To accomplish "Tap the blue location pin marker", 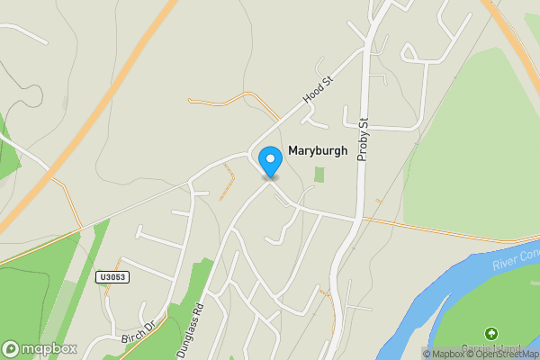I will pyautogui.click(x=270, y=161).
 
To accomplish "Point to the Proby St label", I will pyautogui.click(x=364, y=139).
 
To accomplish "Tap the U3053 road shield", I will pyautogui.click(x=112, y=278).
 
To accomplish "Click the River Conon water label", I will pyautogui.click(x=516, y=259).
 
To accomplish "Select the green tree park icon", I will pyautogui.click(x=490, y=334).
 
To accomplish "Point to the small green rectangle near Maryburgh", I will pyautogui.click(x=319, y=175).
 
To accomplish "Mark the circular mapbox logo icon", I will pyautogui.click(x=11, y=348).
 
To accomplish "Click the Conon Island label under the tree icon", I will pyautogui.click(x=491, y=349).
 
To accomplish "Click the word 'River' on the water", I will pyautogui.click(x=506, y=264).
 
